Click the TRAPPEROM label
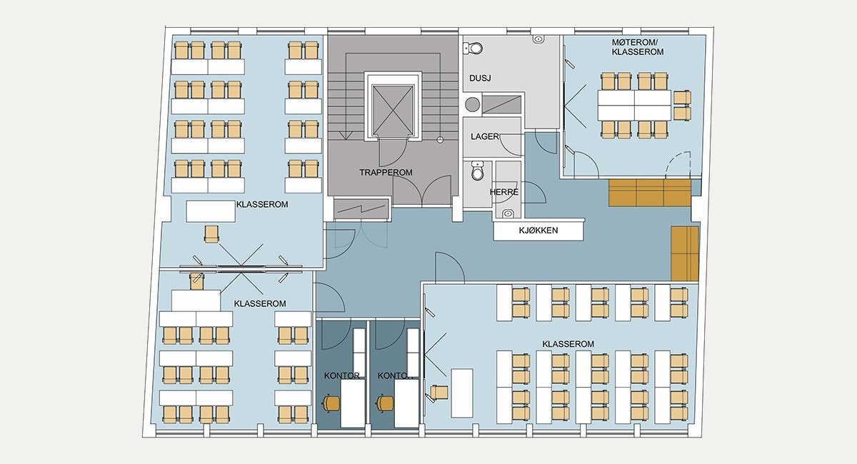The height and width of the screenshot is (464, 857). pos(387,172)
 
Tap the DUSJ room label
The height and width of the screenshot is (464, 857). pos(481,78)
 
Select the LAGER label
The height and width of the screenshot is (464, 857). pos(484,136)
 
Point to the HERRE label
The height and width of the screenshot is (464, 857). pos(503,193)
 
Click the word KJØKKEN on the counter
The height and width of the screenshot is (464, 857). pos(538,231)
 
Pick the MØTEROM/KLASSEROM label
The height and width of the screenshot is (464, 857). pos(638,48)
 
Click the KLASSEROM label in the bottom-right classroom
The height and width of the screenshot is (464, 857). pos(568,344)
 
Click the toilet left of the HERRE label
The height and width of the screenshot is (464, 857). pos(478,173)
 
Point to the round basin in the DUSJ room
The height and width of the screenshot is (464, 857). pos(471,104)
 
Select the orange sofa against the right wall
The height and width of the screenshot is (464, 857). pos(684,253)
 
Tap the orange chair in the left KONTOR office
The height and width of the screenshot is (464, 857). pos(331,403)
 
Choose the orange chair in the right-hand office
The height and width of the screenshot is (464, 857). pos(386,403)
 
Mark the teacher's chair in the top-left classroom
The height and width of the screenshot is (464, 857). pos(211,233)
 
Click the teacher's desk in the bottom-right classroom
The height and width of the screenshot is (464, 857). pos(462,393)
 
